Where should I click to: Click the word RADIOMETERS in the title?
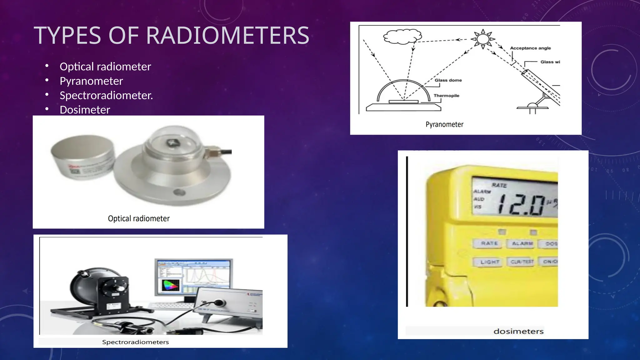pyautogui.click(x=227, y=36)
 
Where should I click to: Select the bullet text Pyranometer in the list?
pyautogui.click(x=91, y=81)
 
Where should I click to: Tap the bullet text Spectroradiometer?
pyautogui.click(x=106, y=96)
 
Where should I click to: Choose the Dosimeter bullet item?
pyautogui.click(x=85, y=110)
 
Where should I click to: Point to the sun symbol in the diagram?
pyautogui.click(x=483, y=39)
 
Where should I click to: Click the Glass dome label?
pyautogui.click(x=448, y=80)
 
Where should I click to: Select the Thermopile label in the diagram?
pyautogui.click(x=446, y=96)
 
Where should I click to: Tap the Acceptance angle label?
pyautogui.click(x=530, y=48)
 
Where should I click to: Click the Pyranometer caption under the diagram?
pyautogui.click(x=444, y=124)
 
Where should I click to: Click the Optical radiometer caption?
pyautogui.click(x=139, y=218)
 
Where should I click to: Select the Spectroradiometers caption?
pyautogui.click(x=135, y=342)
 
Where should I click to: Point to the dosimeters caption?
pyautogui.click(x=518, y=331)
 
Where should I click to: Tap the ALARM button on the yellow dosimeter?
pyautogui.click(x=522, y=243)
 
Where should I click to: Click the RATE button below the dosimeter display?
pyautogui.click(x=489, y=243)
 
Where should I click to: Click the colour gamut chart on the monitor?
pyautogui.click(x=170, y=286)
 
